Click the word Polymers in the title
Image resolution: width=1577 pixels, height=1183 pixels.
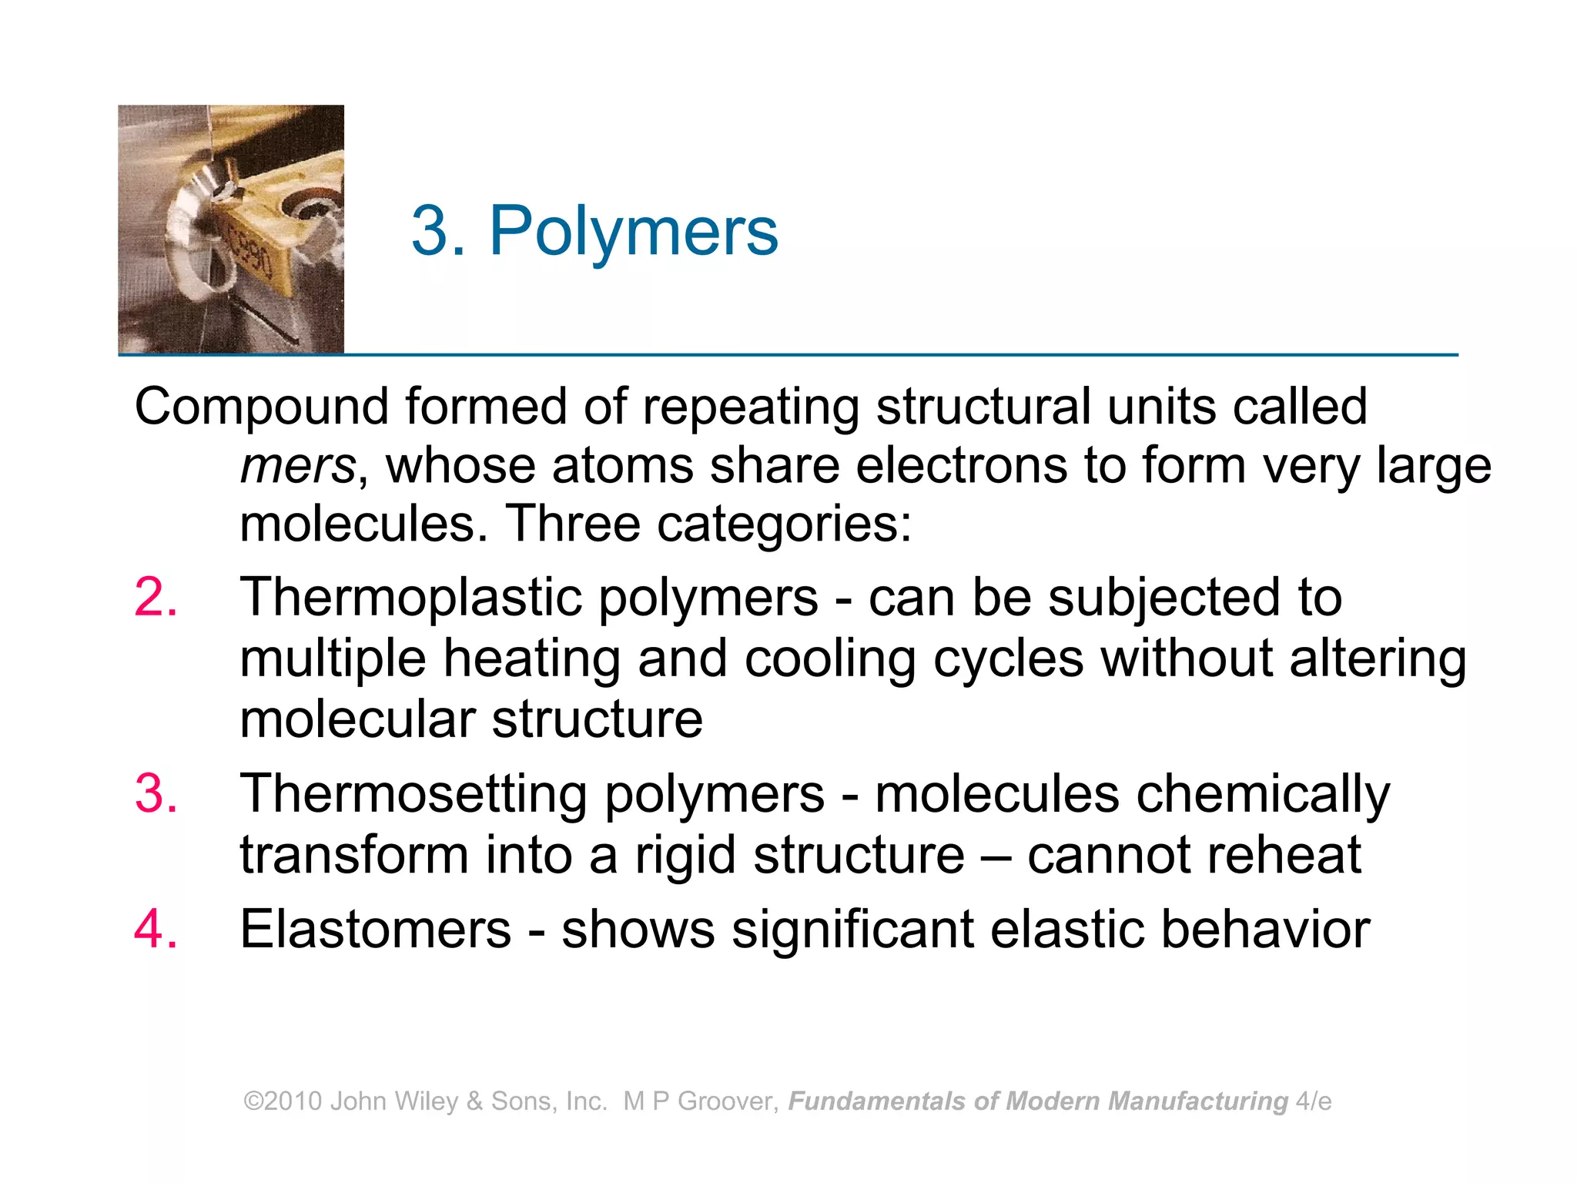(634, 231)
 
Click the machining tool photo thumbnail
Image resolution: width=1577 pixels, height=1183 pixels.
(231, 230)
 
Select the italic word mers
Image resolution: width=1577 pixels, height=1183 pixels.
(297, 467)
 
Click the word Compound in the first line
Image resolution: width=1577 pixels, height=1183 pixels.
(261, 408)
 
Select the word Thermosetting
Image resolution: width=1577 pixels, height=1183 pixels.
(414, 795)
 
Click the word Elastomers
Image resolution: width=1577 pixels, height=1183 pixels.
(376, 930)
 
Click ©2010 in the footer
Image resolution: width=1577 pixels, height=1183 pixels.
(283, 1101)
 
